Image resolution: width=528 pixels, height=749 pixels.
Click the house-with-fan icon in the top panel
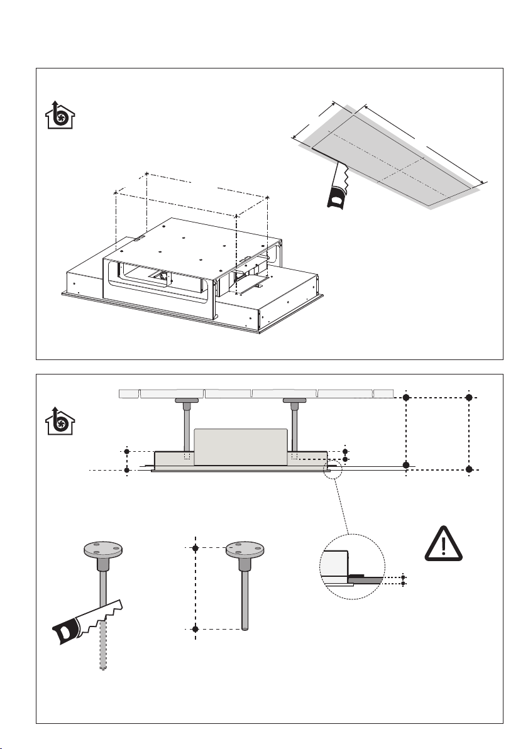click(60, 115)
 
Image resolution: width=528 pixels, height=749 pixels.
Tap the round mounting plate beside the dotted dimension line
click(243, 551)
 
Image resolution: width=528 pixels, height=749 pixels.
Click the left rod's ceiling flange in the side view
click(187, 400)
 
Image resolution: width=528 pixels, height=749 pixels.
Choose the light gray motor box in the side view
click(241, 447)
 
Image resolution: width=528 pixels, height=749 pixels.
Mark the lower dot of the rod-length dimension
click(195, 629)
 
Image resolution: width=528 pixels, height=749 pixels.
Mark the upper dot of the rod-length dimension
click(195, 549)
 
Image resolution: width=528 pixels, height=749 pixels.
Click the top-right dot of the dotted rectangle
click(469, 398)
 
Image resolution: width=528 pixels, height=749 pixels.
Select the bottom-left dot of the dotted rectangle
click(406, 465)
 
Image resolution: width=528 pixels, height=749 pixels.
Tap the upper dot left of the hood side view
click(127, 451)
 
